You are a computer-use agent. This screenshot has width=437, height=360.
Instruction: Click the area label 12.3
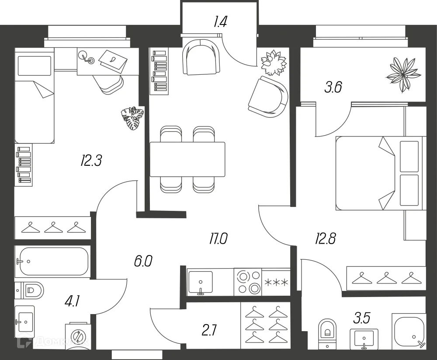pyautogui.click(x=91, y=161)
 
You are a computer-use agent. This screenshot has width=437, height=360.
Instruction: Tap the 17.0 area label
pyautogui.click(x=218, y=239)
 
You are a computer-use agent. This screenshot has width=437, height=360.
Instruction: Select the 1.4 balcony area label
pyautogui.click(x=220, y=21)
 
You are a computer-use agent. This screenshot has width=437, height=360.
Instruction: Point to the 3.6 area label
pyautogui.click(x=333, y=87)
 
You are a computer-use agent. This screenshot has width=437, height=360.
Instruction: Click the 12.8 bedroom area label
pyautogui.click(x=326, y=239)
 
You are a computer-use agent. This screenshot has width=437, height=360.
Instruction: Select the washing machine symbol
pyautogui.click(x=77, y=337)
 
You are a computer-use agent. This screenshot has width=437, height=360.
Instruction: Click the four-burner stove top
pyautogui.click(x=247, y=282)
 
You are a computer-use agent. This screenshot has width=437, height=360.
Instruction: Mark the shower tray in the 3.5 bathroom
pyautogui.click(x=409, y=330)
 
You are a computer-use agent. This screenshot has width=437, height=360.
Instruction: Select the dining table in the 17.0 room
pyautogui.click(x=187, y=159)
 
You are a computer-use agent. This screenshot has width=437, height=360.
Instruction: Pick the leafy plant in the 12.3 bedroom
pyautogui.click(x=132, y=118)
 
